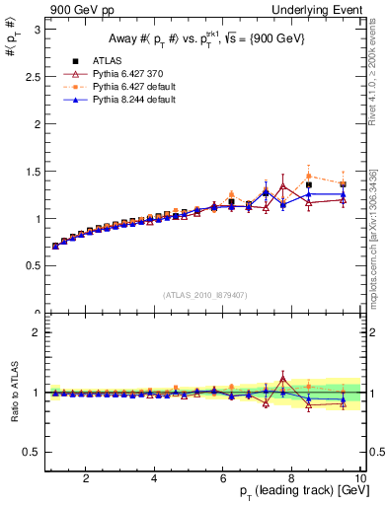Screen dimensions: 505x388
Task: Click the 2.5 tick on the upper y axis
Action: point(33,77)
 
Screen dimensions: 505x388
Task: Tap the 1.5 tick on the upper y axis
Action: point(33,172)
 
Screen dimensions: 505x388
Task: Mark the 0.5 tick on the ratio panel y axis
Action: point(33,452)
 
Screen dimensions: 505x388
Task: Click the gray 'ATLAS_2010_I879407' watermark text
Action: point(205,294)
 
